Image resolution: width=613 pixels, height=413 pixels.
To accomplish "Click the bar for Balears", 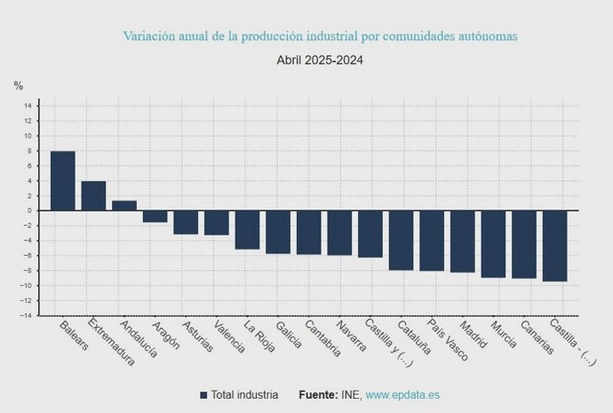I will click(x=62, y=180).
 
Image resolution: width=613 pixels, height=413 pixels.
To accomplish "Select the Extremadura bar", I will click(x=93, y=195).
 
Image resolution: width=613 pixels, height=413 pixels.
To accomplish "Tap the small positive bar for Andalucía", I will click(x=124, y=205).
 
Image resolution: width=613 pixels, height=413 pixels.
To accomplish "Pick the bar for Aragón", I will click(x=155, y=216).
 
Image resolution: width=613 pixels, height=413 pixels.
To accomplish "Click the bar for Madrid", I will click(x=462, y=241).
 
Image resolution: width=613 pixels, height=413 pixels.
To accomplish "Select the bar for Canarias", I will click(x=524, y=244).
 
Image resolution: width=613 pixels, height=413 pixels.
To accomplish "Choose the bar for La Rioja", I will click(x=247, y=229).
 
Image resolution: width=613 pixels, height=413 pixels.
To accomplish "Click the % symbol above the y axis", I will click(x=19, y=86).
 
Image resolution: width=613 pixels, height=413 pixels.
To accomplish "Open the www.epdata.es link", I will click(x=402, y=394).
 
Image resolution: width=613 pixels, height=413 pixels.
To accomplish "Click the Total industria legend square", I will click(x=203, y=394).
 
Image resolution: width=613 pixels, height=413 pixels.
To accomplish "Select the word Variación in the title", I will click(x=147, y=36).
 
